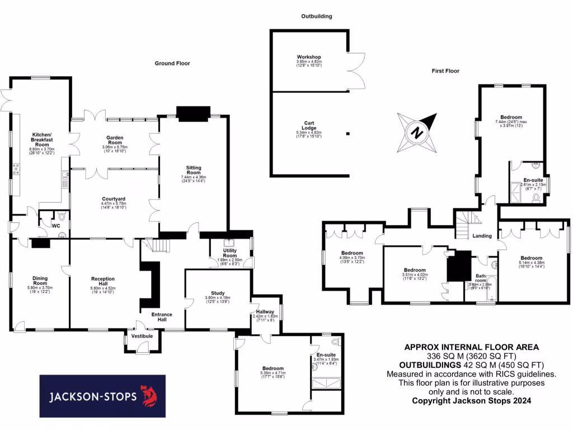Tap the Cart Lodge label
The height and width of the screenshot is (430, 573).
pos(308,125)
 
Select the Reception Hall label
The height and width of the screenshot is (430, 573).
pos(103,279)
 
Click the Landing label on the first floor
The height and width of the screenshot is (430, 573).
pos(482,236)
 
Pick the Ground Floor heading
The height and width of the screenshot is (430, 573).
pos(172,64)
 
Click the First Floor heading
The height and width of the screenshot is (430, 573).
pos(445,71)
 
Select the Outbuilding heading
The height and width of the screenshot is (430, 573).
pos(317,17)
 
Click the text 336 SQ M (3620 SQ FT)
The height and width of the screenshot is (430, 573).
pos(472,356)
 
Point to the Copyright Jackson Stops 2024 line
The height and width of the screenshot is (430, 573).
pos(472,401)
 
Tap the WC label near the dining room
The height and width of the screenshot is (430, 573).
pos(56,226)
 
